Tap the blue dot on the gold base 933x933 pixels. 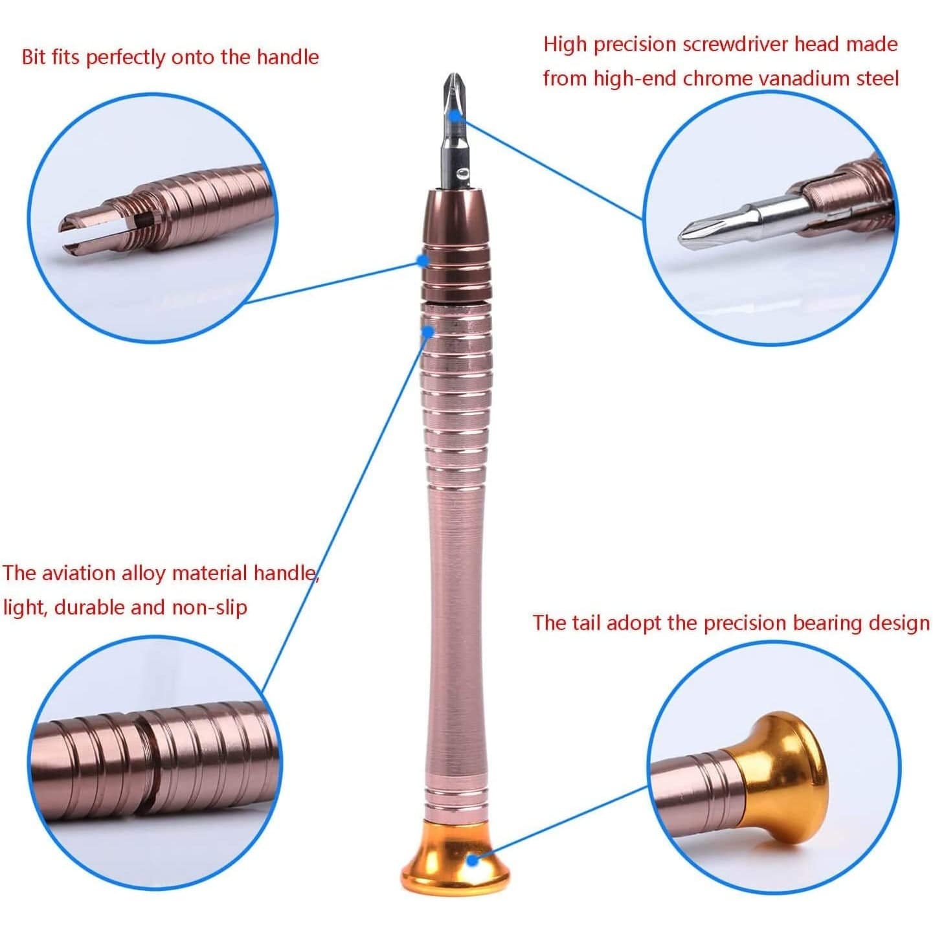473,860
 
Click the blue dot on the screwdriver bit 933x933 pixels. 456,114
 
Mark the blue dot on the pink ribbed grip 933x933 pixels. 428,332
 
